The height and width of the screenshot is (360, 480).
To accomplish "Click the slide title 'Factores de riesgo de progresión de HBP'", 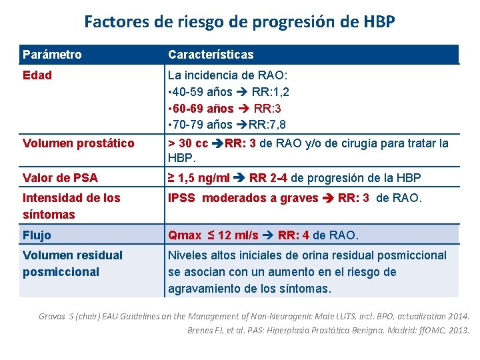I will point(239,21).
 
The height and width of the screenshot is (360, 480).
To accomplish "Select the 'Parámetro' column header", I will point(52,54).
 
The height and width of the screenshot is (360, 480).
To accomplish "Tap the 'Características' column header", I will point(211,54).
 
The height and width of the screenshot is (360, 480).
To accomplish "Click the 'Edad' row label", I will point(37,75).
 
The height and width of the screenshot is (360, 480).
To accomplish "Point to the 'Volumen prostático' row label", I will point(78,143).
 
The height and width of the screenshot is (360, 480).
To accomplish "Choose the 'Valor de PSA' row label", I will point(60,177).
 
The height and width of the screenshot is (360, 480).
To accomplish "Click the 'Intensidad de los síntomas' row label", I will point(71,206).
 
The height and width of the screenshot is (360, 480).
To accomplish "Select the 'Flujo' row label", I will point(37,235).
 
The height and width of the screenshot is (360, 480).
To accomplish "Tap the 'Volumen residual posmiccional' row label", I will point(73,263).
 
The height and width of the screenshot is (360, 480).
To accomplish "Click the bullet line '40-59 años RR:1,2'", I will point(229,91).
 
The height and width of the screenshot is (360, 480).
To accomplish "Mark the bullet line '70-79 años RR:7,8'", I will point(227,125).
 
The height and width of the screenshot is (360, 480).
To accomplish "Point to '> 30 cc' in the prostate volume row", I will point(188,143).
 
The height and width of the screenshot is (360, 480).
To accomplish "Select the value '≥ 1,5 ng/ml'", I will point(198,177).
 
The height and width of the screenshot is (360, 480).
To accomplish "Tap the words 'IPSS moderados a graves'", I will point(243,197).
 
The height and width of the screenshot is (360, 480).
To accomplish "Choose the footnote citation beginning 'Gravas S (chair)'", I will point(254,317).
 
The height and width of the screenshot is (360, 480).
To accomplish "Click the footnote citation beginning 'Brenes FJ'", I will point(328,330).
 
